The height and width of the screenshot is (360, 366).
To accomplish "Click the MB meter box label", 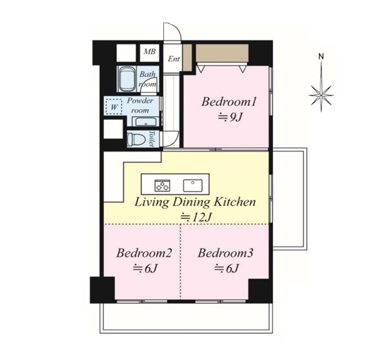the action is (150, 52).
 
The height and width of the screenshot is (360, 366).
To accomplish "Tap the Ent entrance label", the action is (174, 59).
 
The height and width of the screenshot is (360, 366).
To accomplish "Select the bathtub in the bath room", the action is (127, 79).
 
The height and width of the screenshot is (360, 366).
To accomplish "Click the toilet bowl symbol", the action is (136, 139).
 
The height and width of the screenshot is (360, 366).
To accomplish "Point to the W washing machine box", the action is (114, 107).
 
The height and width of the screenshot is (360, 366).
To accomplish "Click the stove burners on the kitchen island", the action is (163, 185).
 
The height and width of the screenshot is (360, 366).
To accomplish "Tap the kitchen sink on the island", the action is (192, 185).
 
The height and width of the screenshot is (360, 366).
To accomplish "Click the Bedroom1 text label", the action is (229, 102).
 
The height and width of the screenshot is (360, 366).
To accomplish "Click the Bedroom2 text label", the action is (144, 253).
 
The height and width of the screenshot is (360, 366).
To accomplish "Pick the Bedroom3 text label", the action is (225, 253).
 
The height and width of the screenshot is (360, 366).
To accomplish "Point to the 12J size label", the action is (196, 217).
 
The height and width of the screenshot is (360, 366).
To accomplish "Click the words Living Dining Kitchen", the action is (195, 202).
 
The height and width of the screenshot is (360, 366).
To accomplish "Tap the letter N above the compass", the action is (321, 56).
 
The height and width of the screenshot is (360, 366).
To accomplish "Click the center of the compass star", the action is (321, 95).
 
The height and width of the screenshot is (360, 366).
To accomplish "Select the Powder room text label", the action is (140, 105).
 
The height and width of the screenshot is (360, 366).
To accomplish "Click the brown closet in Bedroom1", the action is (222, 53).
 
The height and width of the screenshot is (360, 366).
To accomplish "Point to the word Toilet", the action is (152, 139).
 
